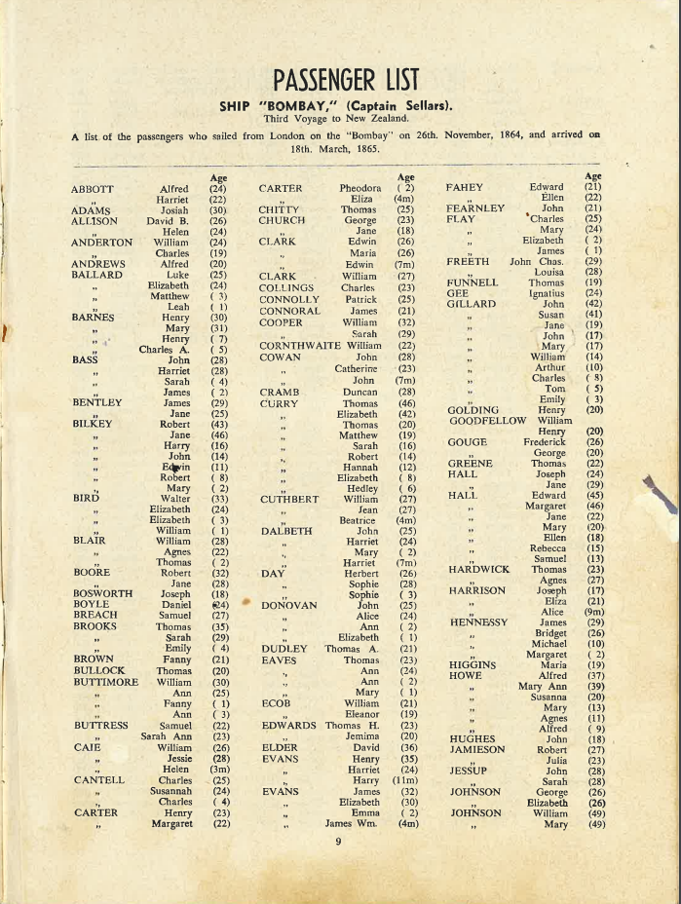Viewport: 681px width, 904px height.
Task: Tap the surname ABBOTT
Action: (x=94, y=189)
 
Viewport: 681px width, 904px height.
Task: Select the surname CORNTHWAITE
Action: (x=299, y=346)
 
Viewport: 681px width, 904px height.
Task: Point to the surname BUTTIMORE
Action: (x=105, y=683)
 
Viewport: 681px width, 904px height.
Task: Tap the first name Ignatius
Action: (x=547, y=292)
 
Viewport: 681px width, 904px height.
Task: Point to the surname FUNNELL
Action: (x=473, y=282)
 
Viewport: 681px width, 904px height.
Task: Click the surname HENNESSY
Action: (x=478, y=621)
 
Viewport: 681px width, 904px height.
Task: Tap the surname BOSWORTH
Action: (x=103, y=593)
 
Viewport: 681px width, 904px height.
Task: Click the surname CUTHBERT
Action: (x=289, y=500)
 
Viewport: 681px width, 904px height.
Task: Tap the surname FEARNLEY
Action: (x=476, y=208)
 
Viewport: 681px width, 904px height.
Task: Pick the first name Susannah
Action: (x=163, y=792)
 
